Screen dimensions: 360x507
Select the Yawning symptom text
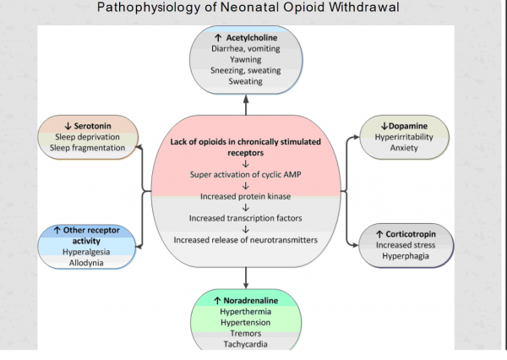[x=245, y=60]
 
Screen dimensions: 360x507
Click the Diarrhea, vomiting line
[x=245, y=49]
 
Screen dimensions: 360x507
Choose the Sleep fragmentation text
[x=90, y=148]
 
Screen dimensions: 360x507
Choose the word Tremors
[x=246, y=333]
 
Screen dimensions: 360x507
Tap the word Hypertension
[x=245, y=322]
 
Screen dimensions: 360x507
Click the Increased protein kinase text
[x=245, y=196]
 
